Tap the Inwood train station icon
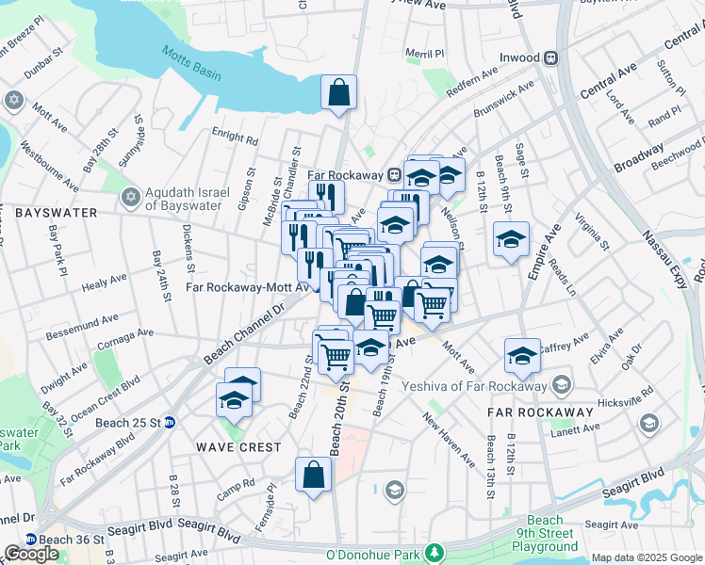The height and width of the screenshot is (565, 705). (x=549, y=57)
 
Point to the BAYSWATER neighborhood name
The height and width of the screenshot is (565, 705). (x=56, y=213)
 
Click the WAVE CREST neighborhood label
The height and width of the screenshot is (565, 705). (x=238, y=446)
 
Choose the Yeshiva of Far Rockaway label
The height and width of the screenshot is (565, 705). (x=474, y=385)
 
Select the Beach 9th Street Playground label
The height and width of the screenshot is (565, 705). (x=546, y=533)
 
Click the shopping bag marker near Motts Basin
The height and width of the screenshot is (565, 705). (x=339, y=93)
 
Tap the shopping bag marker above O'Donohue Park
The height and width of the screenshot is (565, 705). (x=313, y=476)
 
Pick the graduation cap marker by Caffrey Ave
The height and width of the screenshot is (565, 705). (x=522, y=356)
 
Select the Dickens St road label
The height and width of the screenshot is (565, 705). (x=189, y=240)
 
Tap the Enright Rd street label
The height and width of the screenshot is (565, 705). (x=235, y=137)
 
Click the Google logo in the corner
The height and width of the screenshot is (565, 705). (x=31, y=554)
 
